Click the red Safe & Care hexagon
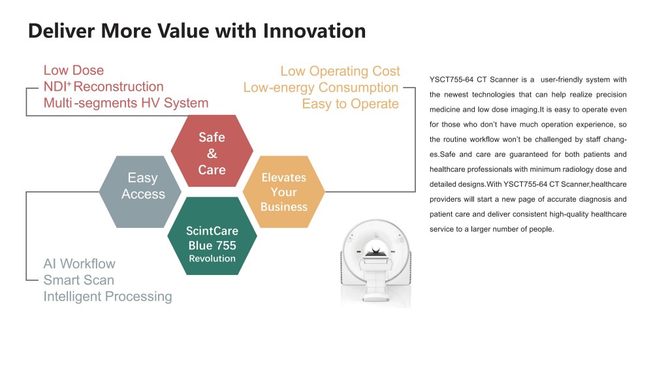pyautogui.click(x=212, y=151)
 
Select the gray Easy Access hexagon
pyautogui.click(x=140, y=191)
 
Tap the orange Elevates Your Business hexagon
pyautogui.click(x=283, y=191)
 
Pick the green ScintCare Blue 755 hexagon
pyautogui.click(x=212, y=236)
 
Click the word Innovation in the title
pyautogui.click(x=314, y=31)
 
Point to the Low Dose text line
pyautogui.click(x=74, y=70)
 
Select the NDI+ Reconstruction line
pyautogui.click(x=104, y=86)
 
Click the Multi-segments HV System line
pyautogui.click(x=126, y=103)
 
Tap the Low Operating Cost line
pyautogui.click(x=340, y=71)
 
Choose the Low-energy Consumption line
pyautogui.click(x=321, y=88)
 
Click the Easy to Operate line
pyautogui.click(x=350, y=104)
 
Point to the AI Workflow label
pyautogui.click(x=79, y=264)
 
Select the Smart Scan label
pyautogui.click(x=79, y=280)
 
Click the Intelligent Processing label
pyautogui.click(x=108, y=296)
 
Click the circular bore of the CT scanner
pyautogui.click(x=375, y=248)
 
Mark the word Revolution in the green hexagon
pyautogui.click(x=212, y=259)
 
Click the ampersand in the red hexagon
pyautogui.click(x=212, y=153)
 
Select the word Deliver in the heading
pyautogui.click(x=61, y=31)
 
